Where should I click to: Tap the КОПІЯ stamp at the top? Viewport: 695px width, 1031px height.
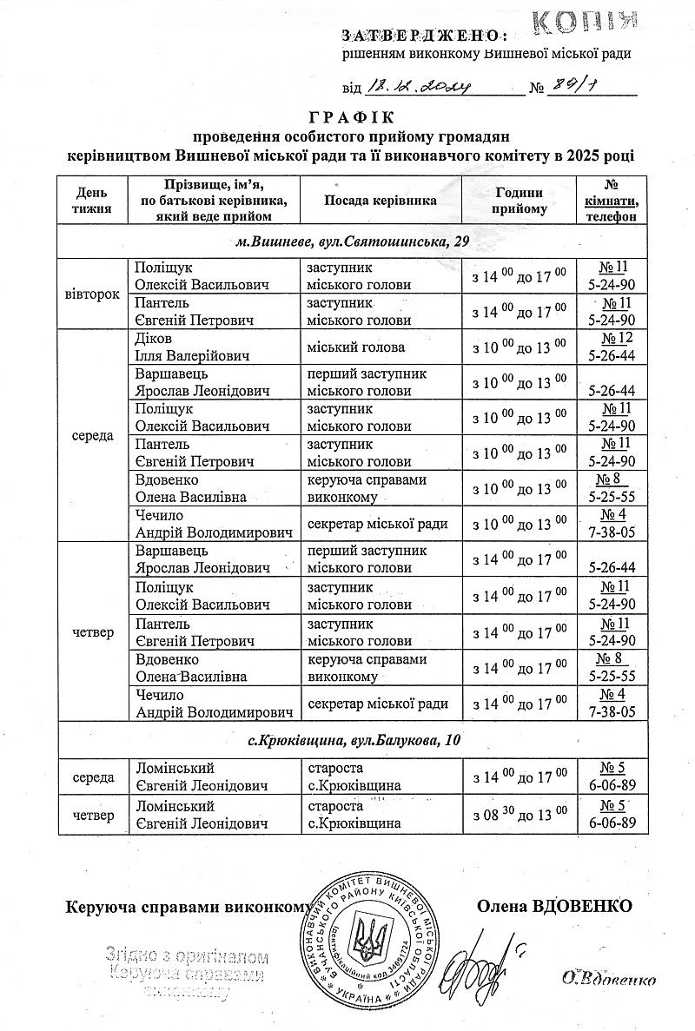[x=584, y=21]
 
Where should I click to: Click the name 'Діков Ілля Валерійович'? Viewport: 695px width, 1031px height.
[x=192, y=347]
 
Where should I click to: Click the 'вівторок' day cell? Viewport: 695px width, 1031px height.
[x=92, y=294]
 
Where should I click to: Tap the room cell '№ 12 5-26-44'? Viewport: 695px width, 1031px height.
[x=612, y=347]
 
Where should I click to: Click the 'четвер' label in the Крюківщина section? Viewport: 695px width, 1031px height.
[x=92, y=816]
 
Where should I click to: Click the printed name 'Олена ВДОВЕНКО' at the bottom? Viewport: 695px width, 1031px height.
[x=554, y=907]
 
